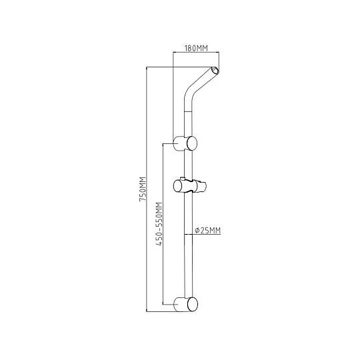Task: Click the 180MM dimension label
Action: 196,49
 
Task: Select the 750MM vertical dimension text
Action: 143,189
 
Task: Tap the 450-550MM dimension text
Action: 159,224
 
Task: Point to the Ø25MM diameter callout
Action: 207,230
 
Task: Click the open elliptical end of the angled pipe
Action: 215,70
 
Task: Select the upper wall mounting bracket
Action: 185,143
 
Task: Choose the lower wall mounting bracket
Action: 185,304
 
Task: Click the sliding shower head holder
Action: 189,186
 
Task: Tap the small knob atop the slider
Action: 183,179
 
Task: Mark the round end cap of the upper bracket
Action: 192,143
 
